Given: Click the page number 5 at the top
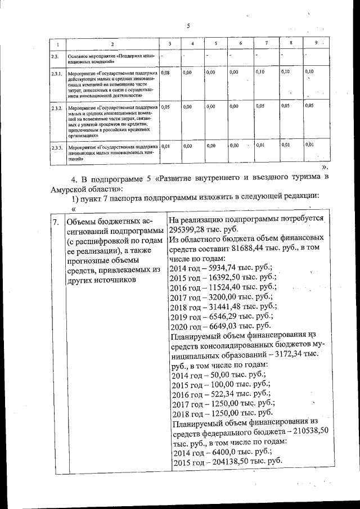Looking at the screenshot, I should tap(188, 25).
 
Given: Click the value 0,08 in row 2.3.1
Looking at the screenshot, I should tap(165, 73).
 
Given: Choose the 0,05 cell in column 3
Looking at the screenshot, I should tap(165, 106).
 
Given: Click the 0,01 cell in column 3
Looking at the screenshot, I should tap(165, 146).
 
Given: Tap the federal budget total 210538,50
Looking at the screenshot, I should tap(312, 431).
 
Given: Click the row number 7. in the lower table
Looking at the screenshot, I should tap(55, 222).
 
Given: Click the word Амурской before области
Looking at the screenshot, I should tap(71, 190).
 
